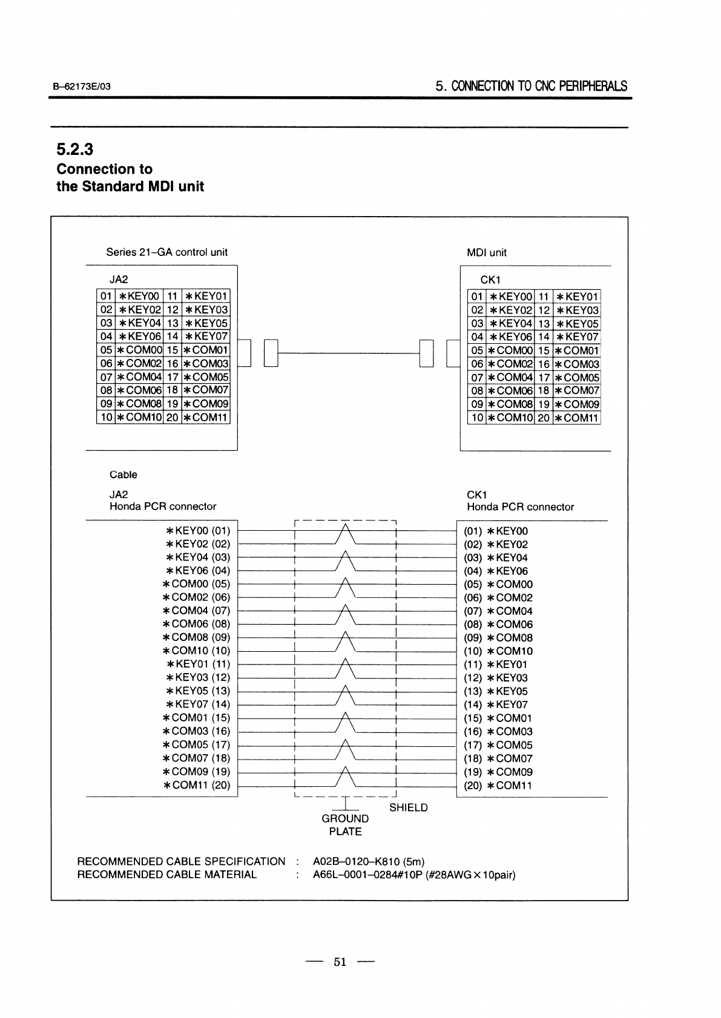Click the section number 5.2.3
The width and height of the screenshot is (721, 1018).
(74, 149)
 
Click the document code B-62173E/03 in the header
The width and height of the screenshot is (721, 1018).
(82, 87)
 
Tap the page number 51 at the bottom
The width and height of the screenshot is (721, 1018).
(340, 962)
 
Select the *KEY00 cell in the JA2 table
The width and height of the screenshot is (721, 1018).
(139, 296)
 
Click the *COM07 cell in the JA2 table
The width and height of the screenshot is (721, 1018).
(206, 390)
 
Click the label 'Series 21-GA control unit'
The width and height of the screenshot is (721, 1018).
(166, 252)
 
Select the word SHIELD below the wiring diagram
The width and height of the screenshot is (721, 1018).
(408, 808)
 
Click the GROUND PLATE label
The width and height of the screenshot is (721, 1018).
(345, 825)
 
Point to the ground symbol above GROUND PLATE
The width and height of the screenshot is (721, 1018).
(345, 804)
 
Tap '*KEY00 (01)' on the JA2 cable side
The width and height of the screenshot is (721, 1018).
(198, 531)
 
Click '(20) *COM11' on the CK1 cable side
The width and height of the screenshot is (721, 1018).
(498, 786)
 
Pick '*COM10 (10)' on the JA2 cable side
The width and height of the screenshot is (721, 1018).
(197, 651)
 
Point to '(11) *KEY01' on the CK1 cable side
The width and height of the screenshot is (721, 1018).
(496, 665)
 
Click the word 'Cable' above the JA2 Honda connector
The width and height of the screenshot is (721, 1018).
(123, 475)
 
